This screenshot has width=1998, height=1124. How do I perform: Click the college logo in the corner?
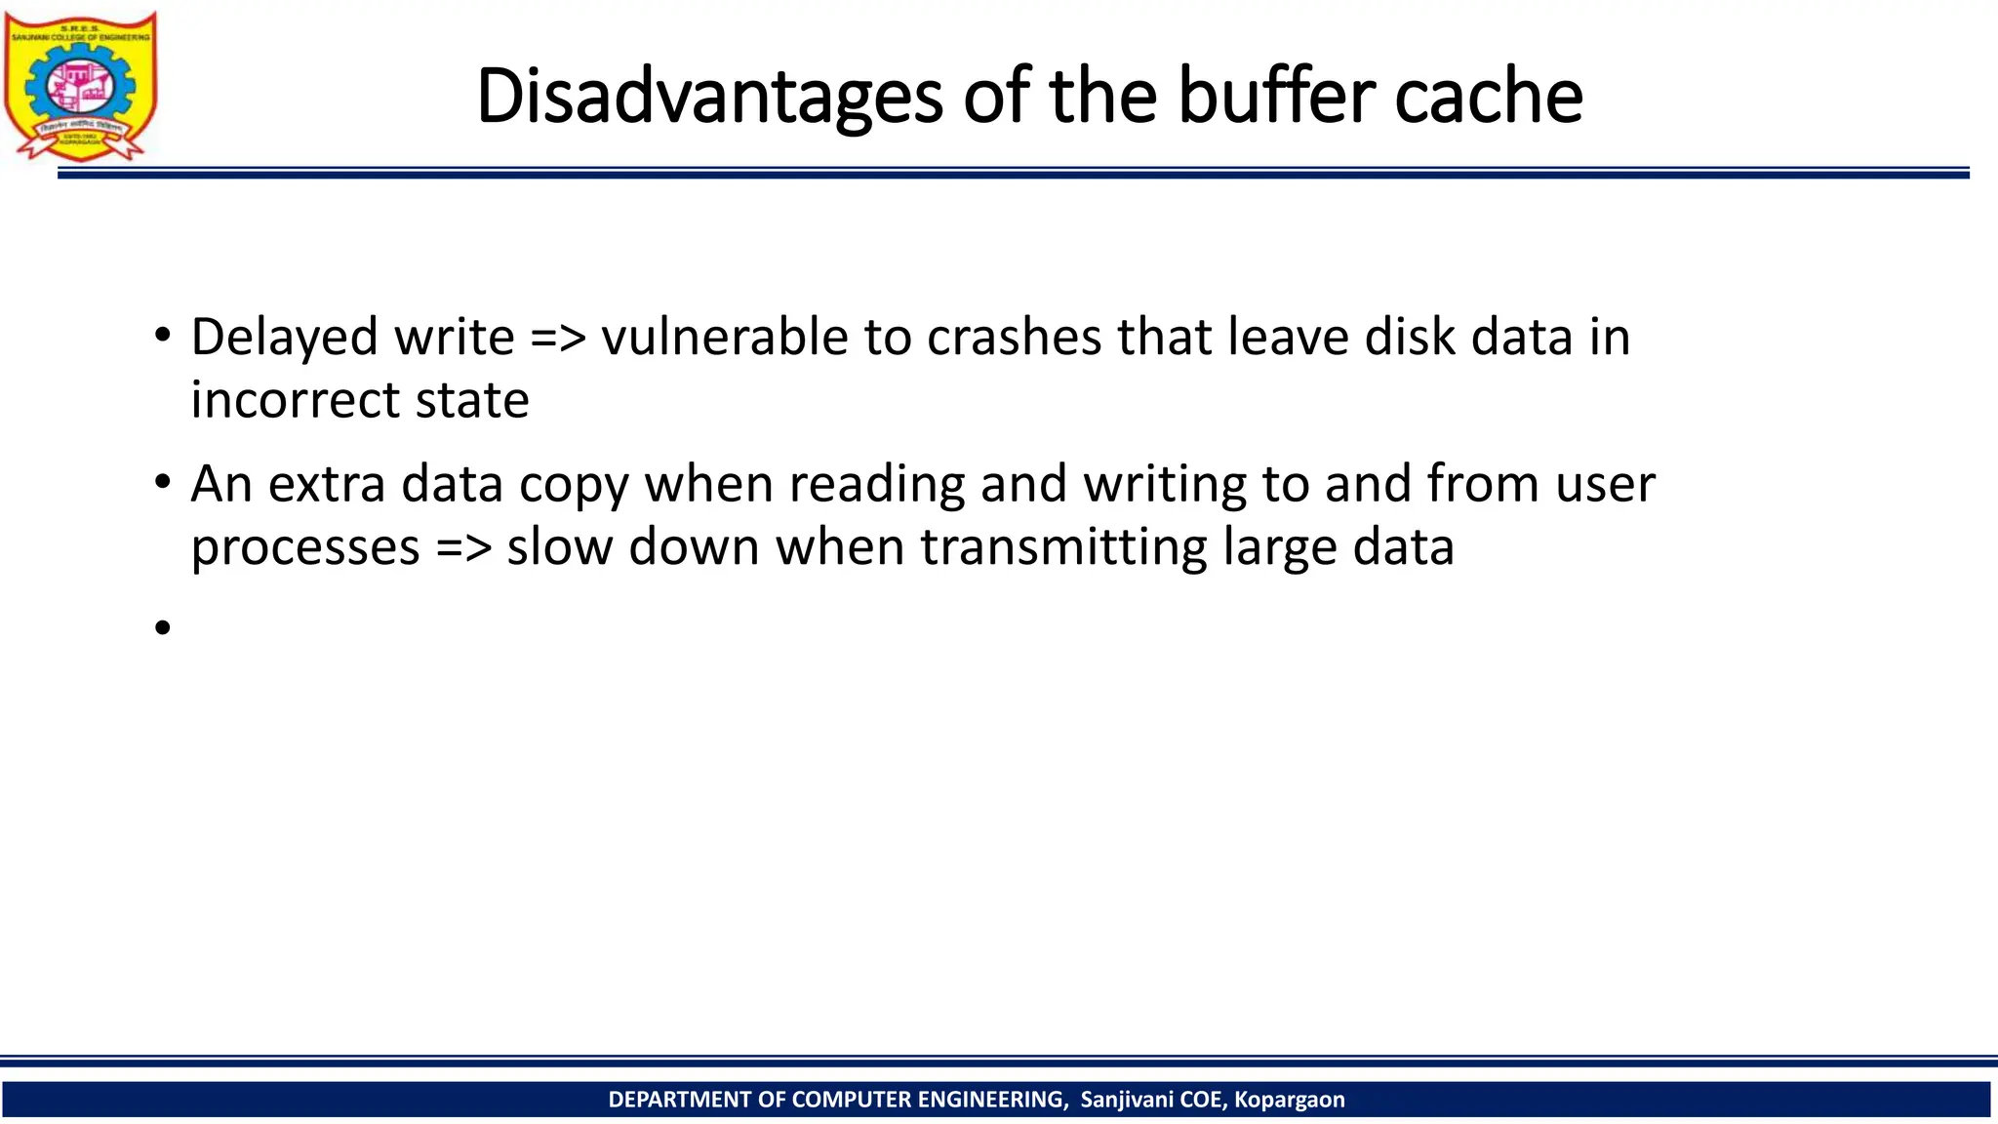click(80, 86)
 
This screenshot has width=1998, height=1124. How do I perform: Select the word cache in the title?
click(1488, 97)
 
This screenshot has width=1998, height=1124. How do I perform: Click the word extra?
click(327, 484)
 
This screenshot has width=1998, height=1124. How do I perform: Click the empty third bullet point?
click(162, 627)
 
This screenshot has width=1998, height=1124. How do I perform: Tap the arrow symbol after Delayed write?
click(558, 339)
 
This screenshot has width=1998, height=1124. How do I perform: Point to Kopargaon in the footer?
click(1289, 1100)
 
